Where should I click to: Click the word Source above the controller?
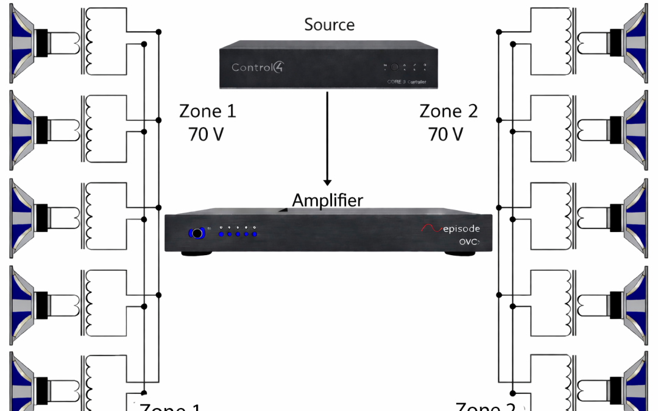click(329, 25)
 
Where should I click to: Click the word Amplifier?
click(327, 200)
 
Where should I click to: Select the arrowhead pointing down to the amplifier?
click(328, 181)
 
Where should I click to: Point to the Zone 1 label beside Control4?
click(207, 111)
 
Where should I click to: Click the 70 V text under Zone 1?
click(207, 134)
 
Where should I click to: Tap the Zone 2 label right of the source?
click(448, 111)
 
